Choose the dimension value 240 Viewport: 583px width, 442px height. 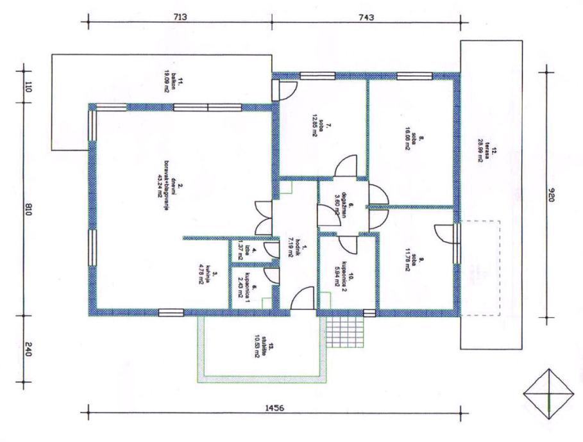(x=28, y=351)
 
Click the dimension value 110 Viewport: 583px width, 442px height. (x=28, y=88)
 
